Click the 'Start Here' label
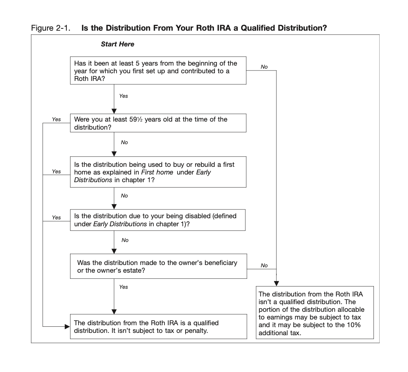point(117,44)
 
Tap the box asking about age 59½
point(158,123)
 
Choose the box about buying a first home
point(158,172)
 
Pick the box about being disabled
point(158,220)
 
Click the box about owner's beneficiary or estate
point(158,267)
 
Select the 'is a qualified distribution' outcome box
point(158,326)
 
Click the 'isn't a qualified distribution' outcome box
point(315,312)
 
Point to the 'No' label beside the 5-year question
point(264,67)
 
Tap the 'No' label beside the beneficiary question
point(264,265)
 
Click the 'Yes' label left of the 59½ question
point(56,119)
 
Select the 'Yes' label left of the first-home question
point(56,171)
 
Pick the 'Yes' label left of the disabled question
point(56,217)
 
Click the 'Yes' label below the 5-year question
point(123,96)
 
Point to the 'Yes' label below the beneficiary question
point(123,287)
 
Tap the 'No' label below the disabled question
point(125,240)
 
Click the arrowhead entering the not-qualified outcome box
point(276,283)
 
